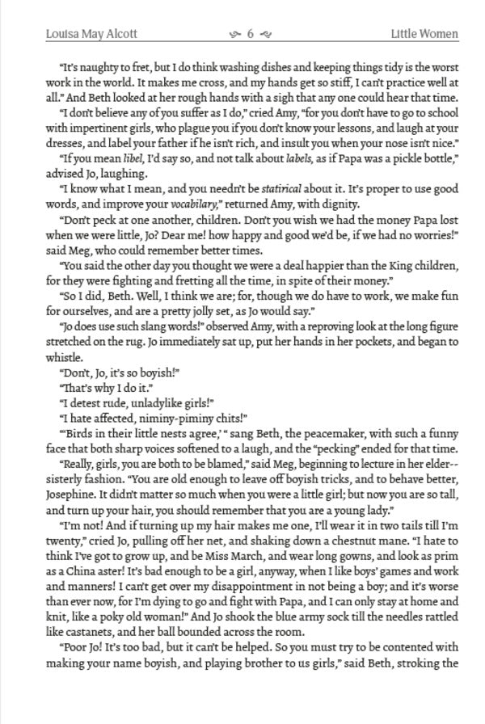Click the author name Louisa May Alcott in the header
[x=91, y=34]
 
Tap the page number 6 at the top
[x=251, y=34]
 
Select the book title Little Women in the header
[x=424, y=34]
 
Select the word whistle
[x=64, y=358]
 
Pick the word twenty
[x=65, y=541]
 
